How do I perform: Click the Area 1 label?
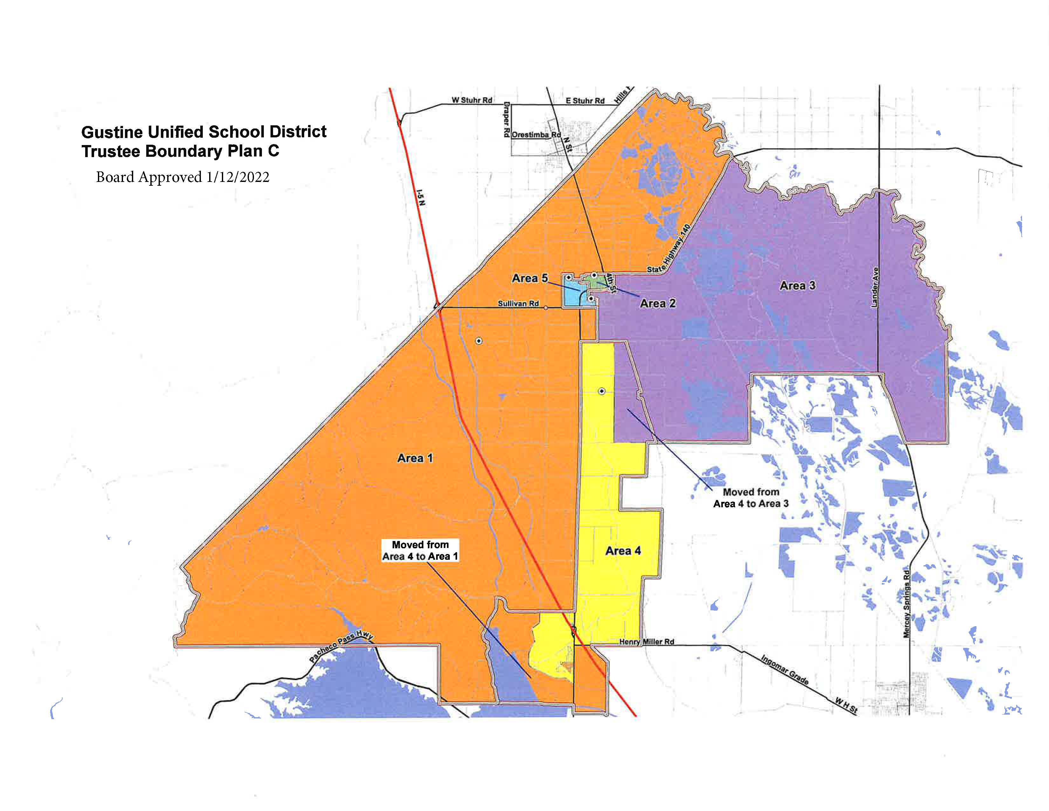[x=415, y=458]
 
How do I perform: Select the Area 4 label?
[x=623, y=551]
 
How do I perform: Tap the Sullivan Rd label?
[x=518, y=304]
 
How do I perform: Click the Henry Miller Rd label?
[x=647, y=642]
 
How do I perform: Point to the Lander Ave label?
[x=875, y=287]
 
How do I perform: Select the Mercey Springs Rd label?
[x=906, y=603]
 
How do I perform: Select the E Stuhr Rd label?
[x=585, y=101]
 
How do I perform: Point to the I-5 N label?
[x=421, y=197]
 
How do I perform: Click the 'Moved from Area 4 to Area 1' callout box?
[x=420, y=551]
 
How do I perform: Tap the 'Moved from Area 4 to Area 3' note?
[x=751, y=498]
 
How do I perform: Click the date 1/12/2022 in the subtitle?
[x=238, y=177]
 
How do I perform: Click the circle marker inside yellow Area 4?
[x=601, y=392]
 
